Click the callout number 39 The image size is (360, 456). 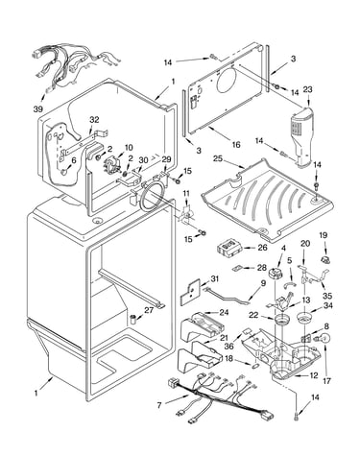(37, 108)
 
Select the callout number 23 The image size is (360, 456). (307, 90)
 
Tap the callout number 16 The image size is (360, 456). (236, 145)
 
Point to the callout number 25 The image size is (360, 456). (218, 158)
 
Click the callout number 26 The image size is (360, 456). (262, 247)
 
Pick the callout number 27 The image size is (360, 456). (149, 310)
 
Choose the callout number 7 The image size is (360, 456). (159, 405)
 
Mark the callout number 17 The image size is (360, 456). (326, 381)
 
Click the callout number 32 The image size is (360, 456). (94, 120)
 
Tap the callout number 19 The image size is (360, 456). (324, 235)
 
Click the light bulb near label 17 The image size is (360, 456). (324, 339)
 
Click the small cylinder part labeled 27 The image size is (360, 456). (133, 319)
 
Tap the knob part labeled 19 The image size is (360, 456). (325, 259)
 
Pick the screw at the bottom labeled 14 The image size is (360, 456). (296, 416)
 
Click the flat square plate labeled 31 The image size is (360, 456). (190, 292)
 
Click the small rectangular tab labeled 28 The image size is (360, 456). (238, 268)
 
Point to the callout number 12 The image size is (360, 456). (314, 375)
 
